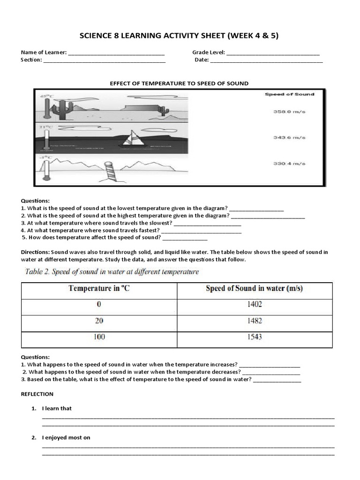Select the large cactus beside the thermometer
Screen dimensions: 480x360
pyautogui.click(x=61, y=110)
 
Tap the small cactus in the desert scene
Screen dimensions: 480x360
pyautogui.click(x=163, y=111)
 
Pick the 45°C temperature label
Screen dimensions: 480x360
pyautogui.click(x=47, y=97)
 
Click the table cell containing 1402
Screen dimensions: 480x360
pyautogui.click(x=255, y=304)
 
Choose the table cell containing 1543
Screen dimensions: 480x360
pyautogui.click(x=255, y=337)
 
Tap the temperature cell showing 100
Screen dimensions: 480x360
pyautogui.click(x=99, y=337)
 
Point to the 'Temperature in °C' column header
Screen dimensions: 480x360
pyautogui.click(x=99, y=288)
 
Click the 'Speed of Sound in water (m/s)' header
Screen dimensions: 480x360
pyautogui.click(x=255, y=288)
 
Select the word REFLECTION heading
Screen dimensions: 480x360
pyautogui.click(x=37, y=394)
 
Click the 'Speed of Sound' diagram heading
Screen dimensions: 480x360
pyautogui.click(x=289, y=94)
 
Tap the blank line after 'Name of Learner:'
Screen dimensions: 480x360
pyautogui.click(x=116, y=53)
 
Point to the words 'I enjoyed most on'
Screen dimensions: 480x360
pyautogui.click(x=66, y=437)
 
